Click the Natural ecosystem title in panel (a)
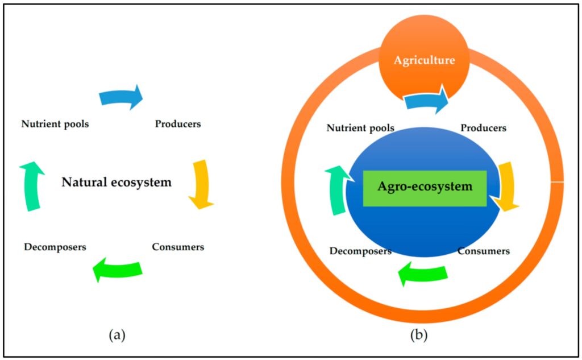click(117, 183)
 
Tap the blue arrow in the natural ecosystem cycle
click(120, 97)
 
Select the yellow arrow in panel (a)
click(201, 184)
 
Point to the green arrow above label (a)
click(118, 269)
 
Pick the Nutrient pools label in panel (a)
click(55, 124)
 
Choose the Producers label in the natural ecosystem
click(178, 124)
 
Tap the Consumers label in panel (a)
click(178, 247)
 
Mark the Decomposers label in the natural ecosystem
click(55, 247)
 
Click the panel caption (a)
click(117, 334)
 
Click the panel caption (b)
click(419, 334)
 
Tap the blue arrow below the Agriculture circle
click(426, 101)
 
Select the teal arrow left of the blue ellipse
click(338, 190)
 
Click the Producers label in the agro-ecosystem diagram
click(483, 128)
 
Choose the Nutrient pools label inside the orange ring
click(360, 128)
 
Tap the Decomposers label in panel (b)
click(360, 251)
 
